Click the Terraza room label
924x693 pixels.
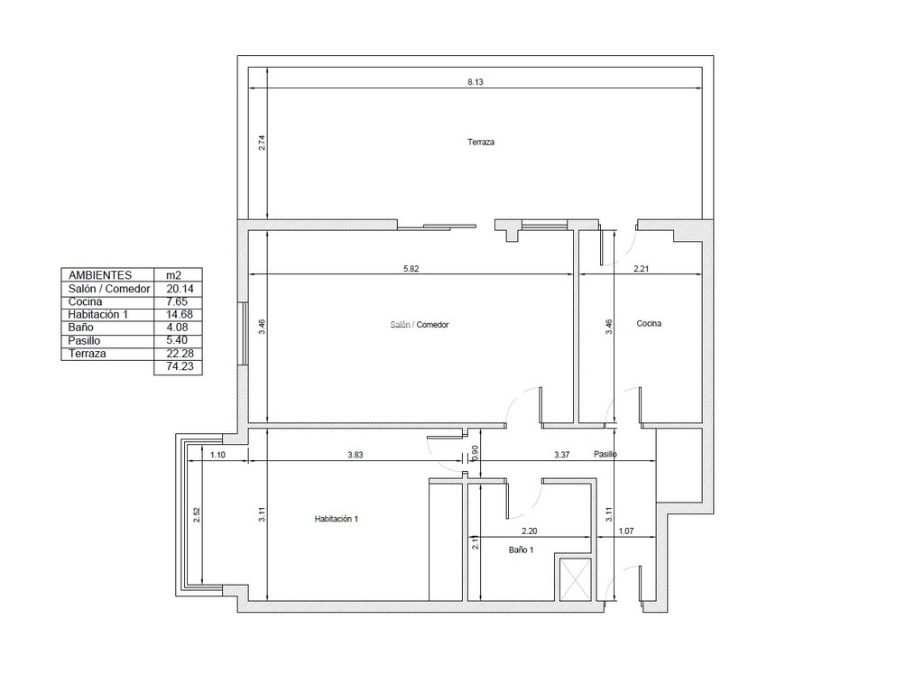481,142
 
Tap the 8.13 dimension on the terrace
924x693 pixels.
476,82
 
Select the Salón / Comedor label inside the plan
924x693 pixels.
420,325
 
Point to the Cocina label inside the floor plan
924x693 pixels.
649,324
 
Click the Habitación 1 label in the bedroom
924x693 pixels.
337,519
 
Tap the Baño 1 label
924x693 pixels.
521,550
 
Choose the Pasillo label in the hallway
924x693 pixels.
605,455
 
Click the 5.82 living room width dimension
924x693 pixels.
411,269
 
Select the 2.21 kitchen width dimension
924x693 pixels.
642,269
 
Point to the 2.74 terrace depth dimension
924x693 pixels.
263,143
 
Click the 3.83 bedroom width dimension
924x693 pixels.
356,455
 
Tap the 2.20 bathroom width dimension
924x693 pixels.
529,531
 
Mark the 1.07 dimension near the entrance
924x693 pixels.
626,531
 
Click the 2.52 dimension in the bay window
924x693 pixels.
197,515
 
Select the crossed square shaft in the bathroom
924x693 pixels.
575,578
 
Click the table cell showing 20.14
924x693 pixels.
180,289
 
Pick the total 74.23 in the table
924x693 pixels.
180,366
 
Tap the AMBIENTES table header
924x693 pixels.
100,275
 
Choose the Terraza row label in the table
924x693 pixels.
88,354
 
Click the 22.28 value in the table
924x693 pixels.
180,354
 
